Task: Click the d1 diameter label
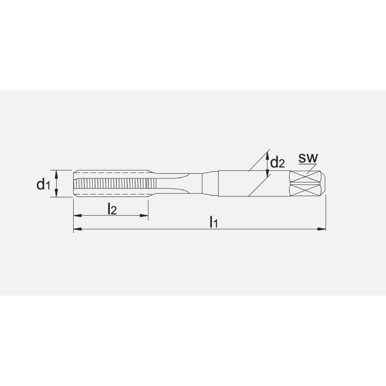pyautogui.click(x=43, y=184)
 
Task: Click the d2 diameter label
pyautogui.click(x=278, y=163)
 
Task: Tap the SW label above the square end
pyautogui.click(x=308, y=158)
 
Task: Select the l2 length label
pyautogui.click(x=112, y=209)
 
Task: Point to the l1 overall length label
pyautogui.click(x=214, y=222)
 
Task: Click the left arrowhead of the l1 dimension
pyautogui.click(x=78, y=229)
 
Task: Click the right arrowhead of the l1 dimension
pyautogui.click(x=322, y=229)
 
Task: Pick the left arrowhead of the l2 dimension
pyautogui.click(x=78, y=215)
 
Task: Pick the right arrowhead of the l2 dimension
pyautogui.click(x=144, y=215)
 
